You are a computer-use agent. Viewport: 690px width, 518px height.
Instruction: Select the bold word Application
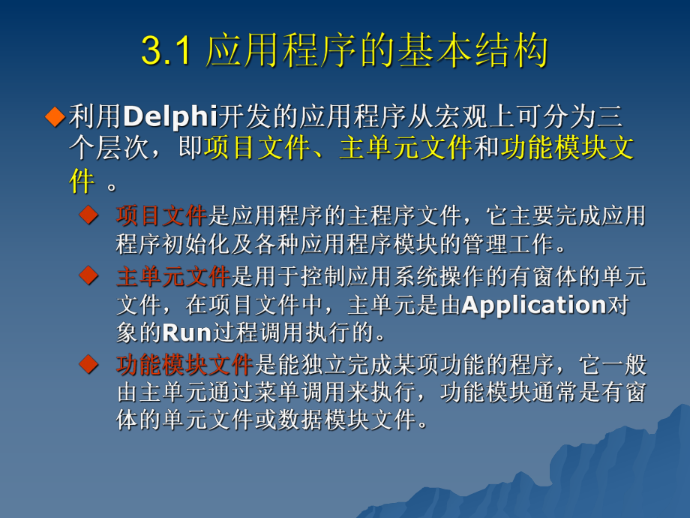point(534,305)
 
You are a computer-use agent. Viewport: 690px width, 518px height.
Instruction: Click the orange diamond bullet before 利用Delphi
point(55,116)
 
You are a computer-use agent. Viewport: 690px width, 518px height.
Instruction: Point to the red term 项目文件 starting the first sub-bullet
point(161,217)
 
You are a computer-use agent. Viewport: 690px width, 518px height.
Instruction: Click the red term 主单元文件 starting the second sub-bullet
point(172,278)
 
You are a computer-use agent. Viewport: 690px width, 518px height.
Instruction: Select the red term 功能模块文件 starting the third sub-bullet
point(184,366)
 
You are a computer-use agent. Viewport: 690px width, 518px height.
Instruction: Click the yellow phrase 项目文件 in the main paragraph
point(255,149)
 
